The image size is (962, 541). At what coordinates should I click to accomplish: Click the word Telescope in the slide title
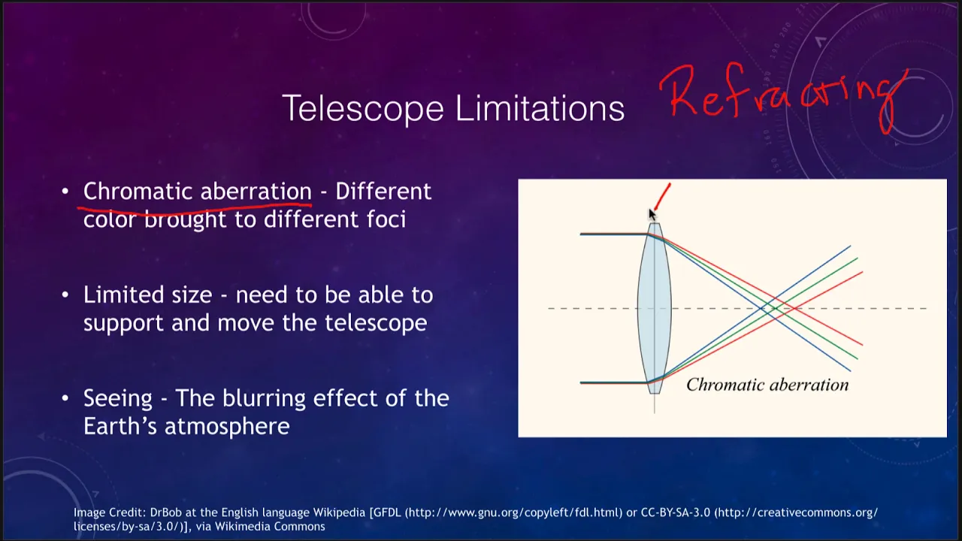(363, 109)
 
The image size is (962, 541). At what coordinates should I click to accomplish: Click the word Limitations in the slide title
(540, 107)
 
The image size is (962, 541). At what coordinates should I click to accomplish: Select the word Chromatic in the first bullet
(138, 191)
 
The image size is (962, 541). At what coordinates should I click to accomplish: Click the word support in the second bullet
(123, 324)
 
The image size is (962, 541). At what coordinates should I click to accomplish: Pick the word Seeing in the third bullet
(118, 399)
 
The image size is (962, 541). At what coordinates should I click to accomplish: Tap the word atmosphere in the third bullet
(227, 427)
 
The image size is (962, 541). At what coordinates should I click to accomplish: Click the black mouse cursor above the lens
(652, 214)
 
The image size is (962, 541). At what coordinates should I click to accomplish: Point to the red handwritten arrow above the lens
(662, 197)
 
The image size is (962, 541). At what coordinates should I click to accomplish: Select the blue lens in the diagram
(654, 308)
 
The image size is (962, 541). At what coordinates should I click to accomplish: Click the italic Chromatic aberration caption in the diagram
(767, 385)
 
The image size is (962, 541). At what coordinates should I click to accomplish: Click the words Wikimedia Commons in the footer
(270, 527)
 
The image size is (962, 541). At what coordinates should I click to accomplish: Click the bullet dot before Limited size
(65, 295)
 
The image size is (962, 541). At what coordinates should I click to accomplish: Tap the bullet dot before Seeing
(65, 398)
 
